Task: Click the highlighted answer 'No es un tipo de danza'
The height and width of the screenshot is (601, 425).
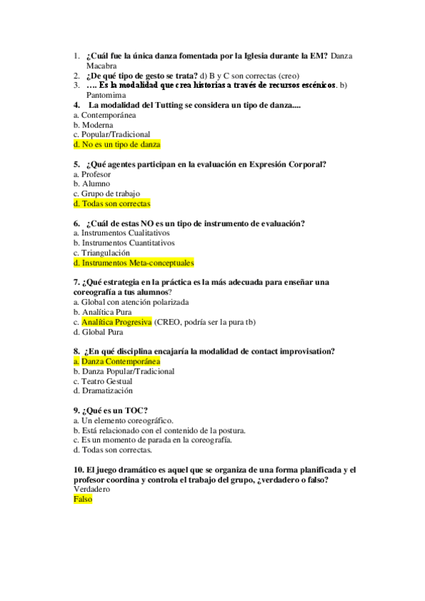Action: [117, 144]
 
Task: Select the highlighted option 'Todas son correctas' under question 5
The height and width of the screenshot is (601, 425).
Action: [111, 203]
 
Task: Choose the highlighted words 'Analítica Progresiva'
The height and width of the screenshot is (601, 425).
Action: [116, 322]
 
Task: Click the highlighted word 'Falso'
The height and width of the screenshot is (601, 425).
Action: [82, 499]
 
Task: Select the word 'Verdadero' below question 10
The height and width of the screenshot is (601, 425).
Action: [92, 489]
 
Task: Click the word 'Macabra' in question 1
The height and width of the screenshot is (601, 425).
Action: [101, 66]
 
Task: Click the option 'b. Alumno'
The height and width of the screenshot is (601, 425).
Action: [92, 184]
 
